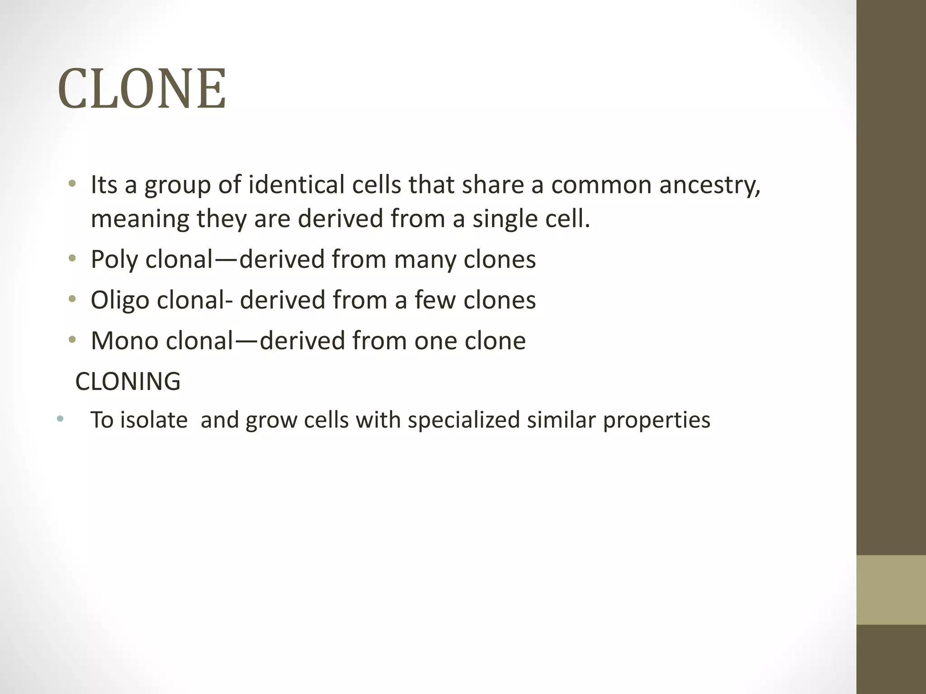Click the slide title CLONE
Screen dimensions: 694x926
142,89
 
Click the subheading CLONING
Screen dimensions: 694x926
128,381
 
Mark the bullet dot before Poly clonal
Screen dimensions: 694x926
72,259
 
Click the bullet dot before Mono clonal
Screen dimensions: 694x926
72,340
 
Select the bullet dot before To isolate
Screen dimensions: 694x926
60,419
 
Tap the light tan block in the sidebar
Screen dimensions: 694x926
891,590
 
